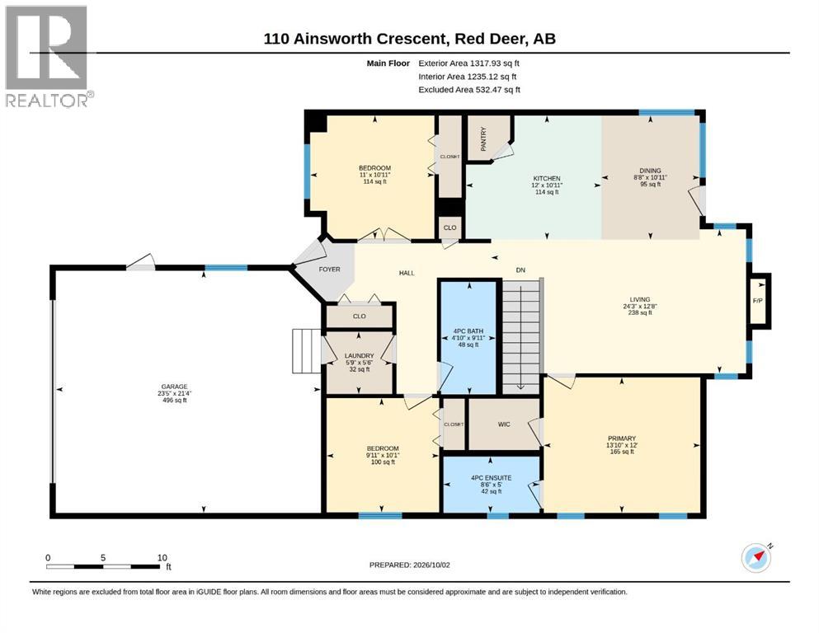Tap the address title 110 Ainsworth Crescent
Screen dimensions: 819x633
click(355, 39)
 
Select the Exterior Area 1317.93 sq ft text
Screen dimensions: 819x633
click(468, 63)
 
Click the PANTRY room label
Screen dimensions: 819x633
click(483, 138)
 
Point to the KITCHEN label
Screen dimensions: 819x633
click(547, 179)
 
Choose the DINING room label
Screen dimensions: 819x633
click(650, 171)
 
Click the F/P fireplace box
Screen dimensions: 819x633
click(759, 301)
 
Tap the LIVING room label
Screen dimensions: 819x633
click(640, 299)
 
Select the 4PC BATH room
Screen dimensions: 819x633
click(468, 338)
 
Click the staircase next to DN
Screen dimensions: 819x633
click(521, 335)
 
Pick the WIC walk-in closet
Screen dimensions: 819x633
click(504, 424)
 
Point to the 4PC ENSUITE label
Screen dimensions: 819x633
click(491, 477)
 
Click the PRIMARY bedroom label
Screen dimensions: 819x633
click(622, 438)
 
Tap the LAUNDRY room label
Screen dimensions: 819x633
click(360, 356)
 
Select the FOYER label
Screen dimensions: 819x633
click(330, 270)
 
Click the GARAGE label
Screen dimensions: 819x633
click(175, 387)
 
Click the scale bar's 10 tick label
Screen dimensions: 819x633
click(162, 557)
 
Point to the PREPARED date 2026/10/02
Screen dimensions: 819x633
click(409, 565)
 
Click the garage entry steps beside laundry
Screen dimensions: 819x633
click(306, 350)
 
